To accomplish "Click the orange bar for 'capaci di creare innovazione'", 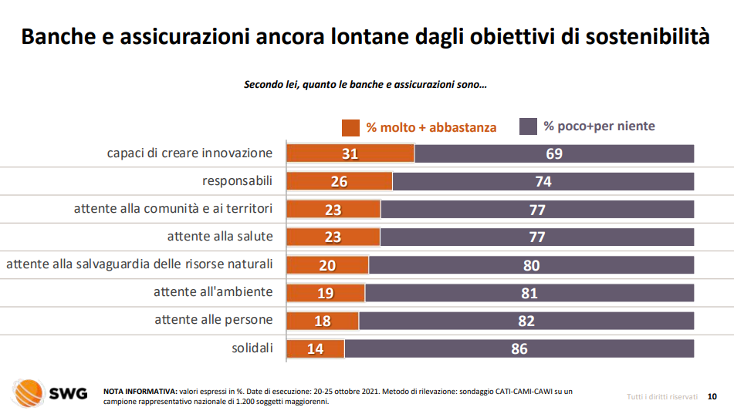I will pos(350,153).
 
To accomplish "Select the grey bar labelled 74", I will pos(543,181).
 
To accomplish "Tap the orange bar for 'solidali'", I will pos(316,348).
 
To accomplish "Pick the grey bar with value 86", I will pos(519,348).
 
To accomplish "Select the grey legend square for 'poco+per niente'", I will pos(528,126).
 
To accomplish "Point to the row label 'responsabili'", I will pos(238,181).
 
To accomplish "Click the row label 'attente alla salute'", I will pos(220,236).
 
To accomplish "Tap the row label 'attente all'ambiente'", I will pos(213,291).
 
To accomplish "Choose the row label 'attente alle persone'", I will pos(214,319).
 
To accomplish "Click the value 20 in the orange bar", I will pos(327,265).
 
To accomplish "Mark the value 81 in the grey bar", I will pos(529,293).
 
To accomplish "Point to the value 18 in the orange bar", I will pos(323,321).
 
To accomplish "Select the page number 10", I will pos(712,396).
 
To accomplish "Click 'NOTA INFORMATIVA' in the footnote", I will pos(140,392).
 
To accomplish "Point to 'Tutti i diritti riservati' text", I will pos(662,396).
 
